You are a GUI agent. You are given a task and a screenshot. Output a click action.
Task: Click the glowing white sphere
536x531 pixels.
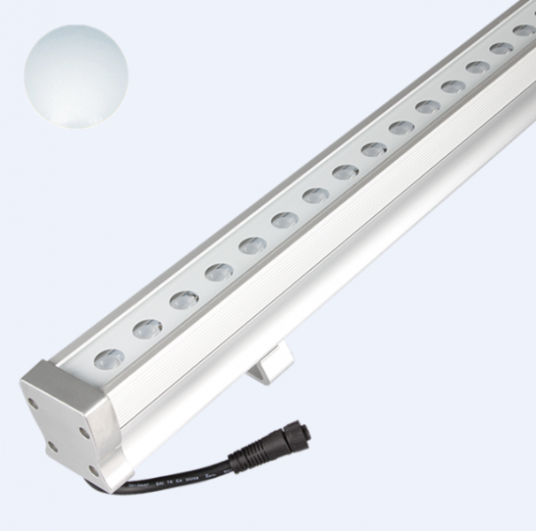click(75, 75)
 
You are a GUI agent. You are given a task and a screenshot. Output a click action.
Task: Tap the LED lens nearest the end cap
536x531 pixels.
click(108, 358)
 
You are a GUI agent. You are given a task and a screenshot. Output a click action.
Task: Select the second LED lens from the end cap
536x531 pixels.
click(147, 329)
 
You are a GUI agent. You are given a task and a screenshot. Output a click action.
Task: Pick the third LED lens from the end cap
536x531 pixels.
click(184, 300)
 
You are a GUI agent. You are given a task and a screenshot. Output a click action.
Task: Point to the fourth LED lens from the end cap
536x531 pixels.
click(219, 272)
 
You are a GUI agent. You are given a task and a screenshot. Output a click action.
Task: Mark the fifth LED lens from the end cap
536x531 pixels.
click(252, 244)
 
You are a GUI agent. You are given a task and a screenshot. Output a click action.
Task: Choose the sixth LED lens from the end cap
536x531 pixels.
click(284, 219)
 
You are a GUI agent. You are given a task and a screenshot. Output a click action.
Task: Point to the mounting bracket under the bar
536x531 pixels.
click(269, 364)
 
